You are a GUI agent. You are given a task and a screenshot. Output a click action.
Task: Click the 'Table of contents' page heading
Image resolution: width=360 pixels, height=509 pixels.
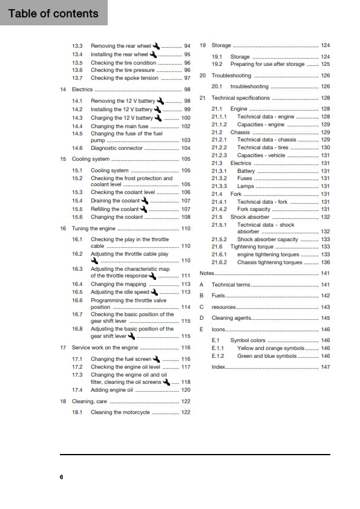point(53,13)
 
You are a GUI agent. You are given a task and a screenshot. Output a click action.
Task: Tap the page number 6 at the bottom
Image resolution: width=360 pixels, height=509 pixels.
point(62,477)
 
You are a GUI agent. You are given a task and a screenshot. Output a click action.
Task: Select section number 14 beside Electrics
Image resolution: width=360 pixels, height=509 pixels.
point(63,89)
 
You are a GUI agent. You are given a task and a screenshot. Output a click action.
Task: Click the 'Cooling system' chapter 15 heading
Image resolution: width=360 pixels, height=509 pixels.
point(91,159)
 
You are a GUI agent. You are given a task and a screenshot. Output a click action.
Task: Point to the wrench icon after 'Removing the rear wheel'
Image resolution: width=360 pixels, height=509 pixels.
point(157,46)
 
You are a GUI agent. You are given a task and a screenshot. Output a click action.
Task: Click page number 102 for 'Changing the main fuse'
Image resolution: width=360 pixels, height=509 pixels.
point(185,126)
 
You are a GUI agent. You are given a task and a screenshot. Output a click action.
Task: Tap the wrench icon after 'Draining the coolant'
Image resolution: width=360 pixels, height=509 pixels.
point(145,201)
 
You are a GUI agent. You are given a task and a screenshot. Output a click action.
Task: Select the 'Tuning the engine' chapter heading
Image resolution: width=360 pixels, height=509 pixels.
point(93,229)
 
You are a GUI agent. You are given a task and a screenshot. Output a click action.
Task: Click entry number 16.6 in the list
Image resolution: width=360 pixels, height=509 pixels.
point(77,300)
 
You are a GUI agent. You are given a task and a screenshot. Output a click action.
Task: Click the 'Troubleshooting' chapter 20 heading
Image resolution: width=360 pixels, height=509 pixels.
point(231,76)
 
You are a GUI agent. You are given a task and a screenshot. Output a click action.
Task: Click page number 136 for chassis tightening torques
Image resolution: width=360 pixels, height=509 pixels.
point(325,262)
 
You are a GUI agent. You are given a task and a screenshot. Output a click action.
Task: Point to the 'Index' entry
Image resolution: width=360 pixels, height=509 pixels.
point(218,367)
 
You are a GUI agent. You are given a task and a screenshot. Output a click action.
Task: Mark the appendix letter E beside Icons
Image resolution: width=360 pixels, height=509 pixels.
point(201,329)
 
